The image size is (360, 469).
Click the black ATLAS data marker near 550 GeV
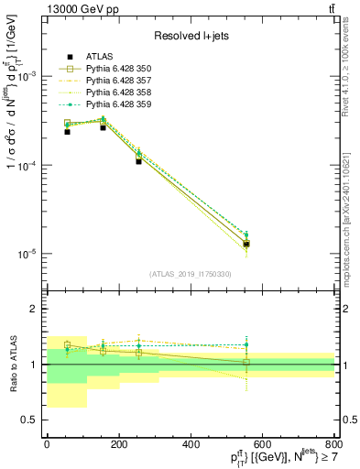(x=246, y=244)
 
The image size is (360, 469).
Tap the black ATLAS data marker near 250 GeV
(x=138, y=160)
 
